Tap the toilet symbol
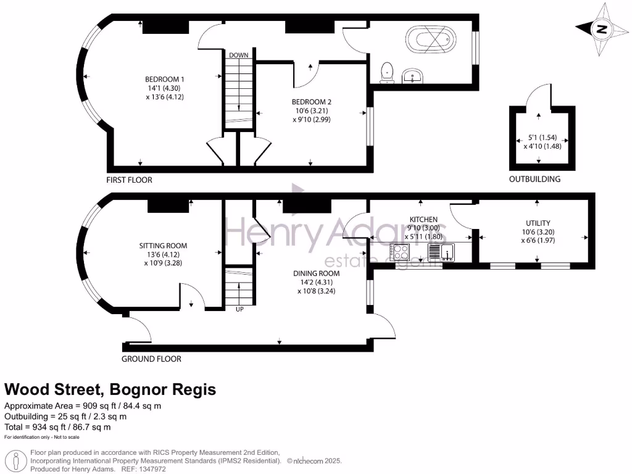point(388,72)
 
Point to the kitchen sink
point(441,252)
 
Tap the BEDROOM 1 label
point(165,79)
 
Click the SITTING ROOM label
point(163,246)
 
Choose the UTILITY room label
point(538,223)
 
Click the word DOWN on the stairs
point(238,56)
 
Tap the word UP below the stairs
point(239,309)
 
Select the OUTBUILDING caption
point(534,180)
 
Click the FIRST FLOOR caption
point(129,180)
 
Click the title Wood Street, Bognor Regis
point(110,389)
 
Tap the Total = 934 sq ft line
point(57,426)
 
